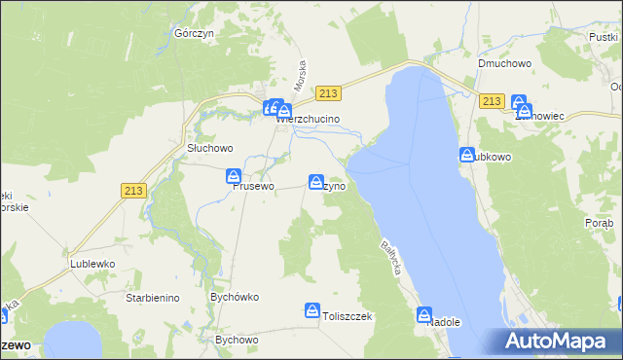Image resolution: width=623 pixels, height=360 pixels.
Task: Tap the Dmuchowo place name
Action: click(501, 63)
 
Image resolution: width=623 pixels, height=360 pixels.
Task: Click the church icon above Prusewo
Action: click(235, 176)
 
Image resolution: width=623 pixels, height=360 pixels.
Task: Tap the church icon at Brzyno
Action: click(316, 182)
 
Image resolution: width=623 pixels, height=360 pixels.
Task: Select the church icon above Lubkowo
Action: click(466, 155)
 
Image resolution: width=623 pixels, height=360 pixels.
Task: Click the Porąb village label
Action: click(600, 224)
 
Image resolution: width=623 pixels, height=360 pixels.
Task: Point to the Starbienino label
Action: click(153, 298)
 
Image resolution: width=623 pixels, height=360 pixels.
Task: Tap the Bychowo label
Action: click(237, 341)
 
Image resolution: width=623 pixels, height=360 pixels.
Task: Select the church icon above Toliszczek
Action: click(312, 311)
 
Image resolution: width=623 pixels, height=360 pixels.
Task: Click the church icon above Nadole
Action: click(424, 315)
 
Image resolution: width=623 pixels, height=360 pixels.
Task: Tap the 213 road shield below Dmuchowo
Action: click(492, 101)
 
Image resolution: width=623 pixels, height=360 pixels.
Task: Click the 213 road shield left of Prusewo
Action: click(134, 191)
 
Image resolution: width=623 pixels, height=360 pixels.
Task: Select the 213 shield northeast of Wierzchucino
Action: click(329, 93)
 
